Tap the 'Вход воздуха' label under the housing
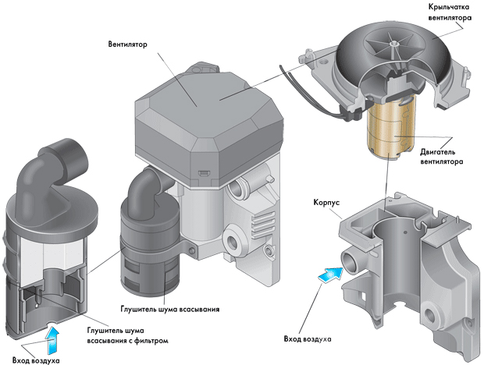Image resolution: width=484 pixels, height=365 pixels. tap(307, 340)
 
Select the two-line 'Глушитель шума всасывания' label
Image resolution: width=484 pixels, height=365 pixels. tap(168, 309)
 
